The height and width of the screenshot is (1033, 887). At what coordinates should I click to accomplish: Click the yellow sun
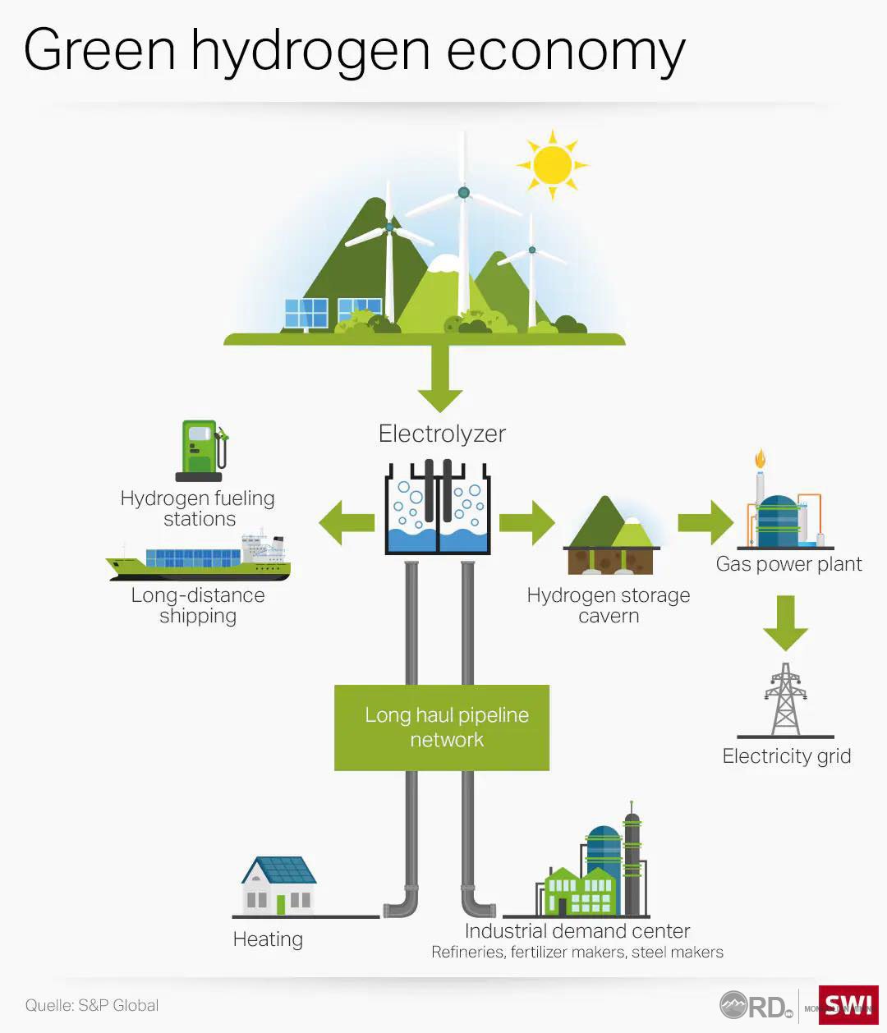[x=552, y=164]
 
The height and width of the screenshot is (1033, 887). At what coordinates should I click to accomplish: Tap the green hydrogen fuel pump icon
[x=200, y=450]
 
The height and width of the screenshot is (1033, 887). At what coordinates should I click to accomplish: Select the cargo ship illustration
[x=200, y=560]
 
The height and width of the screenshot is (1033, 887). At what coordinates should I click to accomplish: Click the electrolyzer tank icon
[x=438, y=507]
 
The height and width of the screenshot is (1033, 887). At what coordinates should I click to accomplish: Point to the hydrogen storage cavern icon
[x=610, y=538]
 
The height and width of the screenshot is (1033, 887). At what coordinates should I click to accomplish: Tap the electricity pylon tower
[x=786, y=700]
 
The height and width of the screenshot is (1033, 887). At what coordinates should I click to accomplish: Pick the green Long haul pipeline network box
[x=442, y=728]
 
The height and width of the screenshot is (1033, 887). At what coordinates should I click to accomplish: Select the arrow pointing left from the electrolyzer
[x=346, y=522]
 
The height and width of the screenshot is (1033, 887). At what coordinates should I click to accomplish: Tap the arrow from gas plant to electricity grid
[x=786, y=622]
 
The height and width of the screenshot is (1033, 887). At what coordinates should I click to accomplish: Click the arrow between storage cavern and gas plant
[x=705, y=522]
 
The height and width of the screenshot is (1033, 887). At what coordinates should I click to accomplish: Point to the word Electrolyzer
[x=442, y=434]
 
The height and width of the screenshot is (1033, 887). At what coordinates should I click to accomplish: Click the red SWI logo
[x=848, y=1004]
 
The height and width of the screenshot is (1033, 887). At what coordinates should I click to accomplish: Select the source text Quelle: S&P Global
[x=91, y=1005]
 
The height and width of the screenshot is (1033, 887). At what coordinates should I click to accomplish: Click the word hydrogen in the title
[x=311, y=51]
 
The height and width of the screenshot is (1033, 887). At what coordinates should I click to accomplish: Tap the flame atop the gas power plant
[x=761, y=457]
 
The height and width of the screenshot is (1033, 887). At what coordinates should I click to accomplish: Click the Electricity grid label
[x=786, y=756]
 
